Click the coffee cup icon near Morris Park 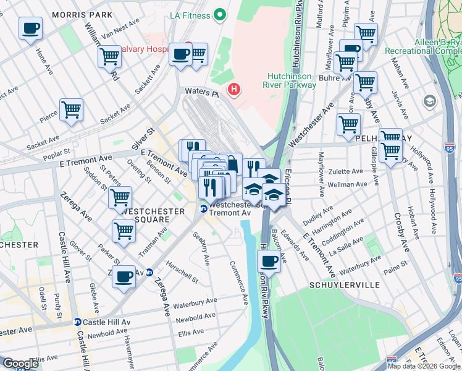click(30, 27)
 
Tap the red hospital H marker click(233, 90)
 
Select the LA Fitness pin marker click(219, 14)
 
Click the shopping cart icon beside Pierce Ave click(71, 110)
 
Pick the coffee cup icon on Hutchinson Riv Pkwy click(269, 260)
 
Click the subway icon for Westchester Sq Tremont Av click(203, 208)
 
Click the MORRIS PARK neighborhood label click(82, 14)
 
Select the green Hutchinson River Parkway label click(292, 81)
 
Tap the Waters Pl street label click(202, 93)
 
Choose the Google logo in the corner click(20, 364)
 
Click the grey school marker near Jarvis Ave click(429, 100)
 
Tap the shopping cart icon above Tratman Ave click(124, 231)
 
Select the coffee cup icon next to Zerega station click(124, 276)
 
